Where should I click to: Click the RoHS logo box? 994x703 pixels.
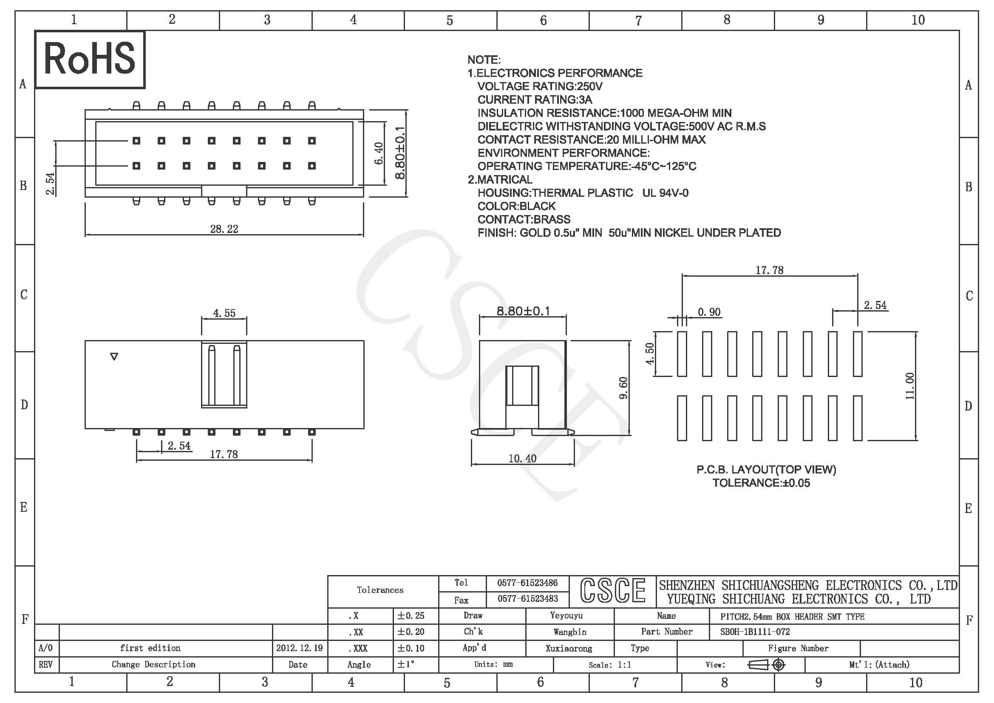[x=90, y=60]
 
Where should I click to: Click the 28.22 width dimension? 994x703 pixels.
[x=224, y=229]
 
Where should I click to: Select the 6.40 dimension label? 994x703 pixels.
[x=379, y=153]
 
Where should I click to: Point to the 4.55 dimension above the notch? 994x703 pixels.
[x=224, y=313]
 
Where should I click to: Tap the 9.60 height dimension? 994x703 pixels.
[x=623, y=388]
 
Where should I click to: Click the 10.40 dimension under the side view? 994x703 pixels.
[x=522, y=459]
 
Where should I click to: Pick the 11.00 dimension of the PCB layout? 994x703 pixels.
[x=909, y=386]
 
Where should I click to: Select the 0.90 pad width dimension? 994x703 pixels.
[x=709, y=312]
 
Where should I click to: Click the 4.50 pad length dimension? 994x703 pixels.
[x=650, y=354]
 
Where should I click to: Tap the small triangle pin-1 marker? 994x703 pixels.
[x=114, y=357]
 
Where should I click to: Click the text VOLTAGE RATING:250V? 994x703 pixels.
[x=540, y=87]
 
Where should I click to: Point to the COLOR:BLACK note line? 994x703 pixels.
[x=516, y=206]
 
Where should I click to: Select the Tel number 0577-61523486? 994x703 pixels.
[x=527, y=583]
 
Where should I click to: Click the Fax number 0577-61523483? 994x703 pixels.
[x=527, y=599]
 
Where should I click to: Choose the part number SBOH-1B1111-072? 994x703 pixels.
[x=755, y=632]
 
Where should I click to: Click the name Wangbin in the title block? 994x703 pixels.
[x=570, y=632]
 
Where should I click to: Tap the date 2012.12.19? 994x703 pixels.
[x=300, y=648]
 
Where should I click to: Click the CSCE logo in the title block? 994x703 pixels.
[x=613, y=590]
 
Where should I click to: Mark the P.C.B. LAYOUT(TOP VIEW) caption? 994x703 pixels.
[x=766, y=470]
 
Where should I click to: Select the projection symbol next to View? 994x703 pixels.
[x=766, y=664]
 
